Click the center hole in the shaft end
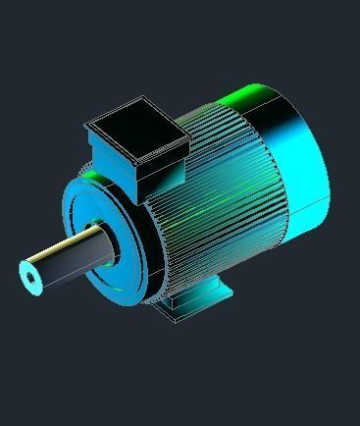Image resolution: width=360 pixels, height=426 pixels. (32, 279)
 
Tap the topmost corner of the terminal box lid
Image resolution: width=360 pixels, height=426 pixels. (144, 97)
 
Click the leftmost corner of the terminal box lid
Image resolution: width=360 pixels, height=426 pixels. (86, 126)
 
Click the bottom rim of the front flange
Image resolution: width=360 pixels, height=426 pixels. (118, 295)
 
